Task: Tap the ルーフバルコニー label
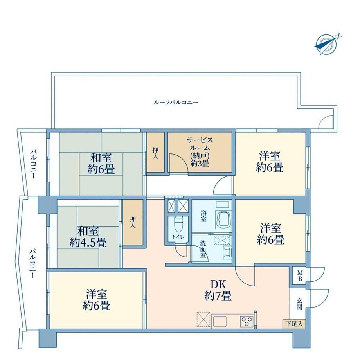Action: point(176,103)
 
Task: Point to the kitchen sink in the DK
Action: point(220,321)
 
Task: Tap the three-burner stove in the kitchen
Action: point(247,321)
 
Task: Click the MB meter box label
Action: point(300,276)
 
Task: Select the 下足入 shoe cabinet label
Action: point(294,324)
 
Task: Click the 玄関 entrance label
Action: point(299,304)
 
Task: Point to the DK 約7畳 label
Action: point(218,290)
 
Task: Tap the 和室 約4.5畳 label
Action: point(88,236)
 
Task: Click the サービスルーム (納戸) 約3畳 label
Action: point(200,151)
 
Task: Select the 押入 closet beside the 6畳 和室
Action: point(155,153)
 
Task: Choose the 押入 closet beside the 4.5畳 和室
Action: point(133,222)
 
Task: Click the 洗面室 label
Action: point(203,249)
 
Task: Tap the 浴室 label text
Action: point(203,216)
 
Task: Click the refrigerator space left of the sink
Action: point(203,319)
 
